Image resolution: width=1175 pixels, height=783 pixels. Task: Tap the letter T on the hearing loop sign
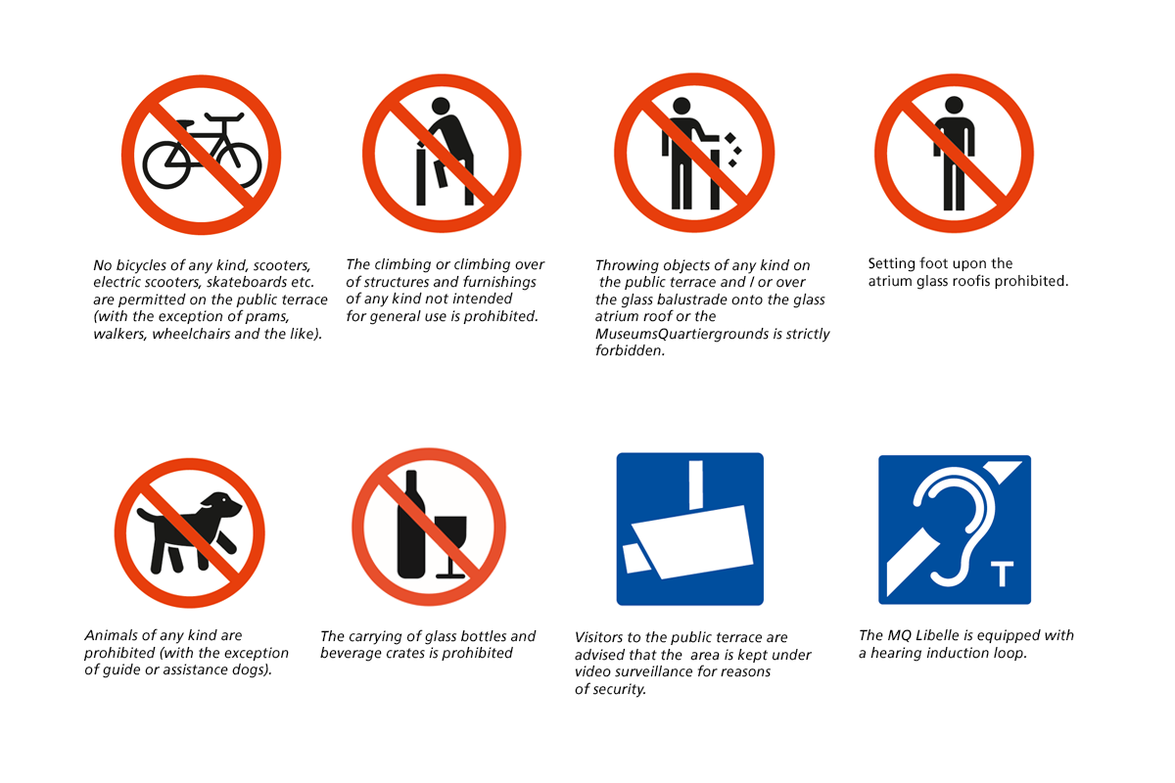(1002, 574)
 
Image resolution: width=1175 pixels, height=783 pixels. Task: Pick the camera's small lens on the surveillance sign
(636, 558)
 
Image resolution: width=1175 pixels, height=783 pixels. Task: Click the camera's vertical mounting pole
(695, 484)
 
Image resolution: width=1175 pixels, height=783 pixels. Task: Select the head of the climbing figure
(441, 106)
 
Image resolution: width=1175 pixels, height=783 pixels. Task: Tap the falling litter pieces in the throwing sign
(733, 151)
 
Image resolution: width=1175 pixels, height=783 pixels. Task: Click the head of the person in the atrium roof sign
(954, 105)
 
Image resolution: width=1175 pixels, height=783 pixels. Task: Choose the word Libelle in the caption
(943, 635)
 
